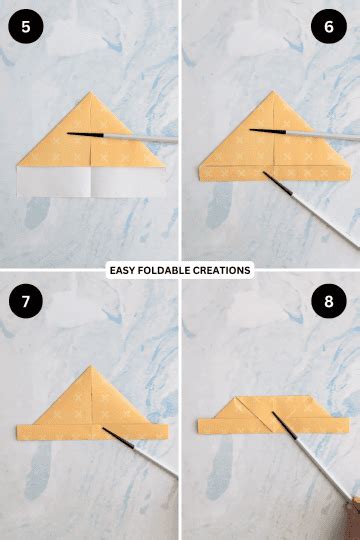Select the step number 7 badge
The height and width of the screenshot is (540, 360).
[25, 301]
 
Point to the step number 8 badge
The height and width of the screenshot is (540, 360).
[329, 301]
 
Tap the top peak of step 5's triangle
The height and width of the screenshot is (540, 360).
[91, 92]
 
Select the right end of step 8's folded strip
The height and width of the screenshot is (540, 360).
[346, 426]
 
